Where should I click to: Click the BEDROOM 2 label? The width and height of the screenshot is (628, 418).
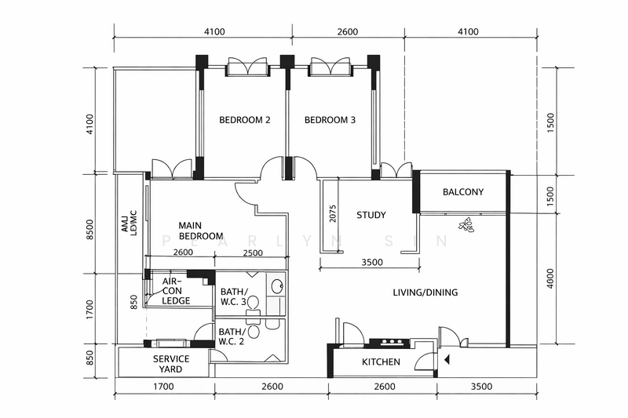click(244, 121)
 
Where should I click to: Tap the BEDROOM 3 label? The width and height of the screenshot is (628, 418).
click(330, 121)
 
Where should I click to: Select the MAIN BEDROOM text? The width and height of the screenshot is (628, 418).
click(200, 230)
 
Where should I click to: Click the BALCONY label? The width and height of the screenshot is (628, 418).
click(462, 193)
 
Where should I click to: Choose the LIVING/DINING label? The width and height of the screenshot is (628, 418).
click(425, 293)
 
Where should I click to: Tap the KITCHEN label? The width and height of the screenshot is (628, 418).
click(381, 362)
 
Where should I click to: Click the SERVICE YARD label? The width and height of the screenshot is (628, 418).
click(166, 364)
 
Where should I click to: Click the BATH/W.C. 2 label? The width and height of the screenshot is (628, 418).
click(232, 336)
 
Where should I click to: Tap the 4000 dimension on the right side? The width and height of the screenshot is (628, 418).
click(551, 281)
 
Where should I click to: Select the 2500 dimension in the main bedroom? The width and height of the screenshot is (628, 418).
click(253, 253)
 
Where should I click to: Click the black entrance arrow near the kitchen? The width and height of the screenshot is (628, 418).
click(447, 361)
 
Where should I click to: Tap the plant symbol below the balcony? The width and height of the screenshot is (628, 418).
click(466, 226)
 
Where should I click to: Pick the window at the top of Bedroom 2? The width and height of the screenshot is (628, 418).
click(248, 68)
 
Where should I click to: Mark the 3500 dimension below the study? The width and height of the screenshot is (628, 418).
click(373, 264)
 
